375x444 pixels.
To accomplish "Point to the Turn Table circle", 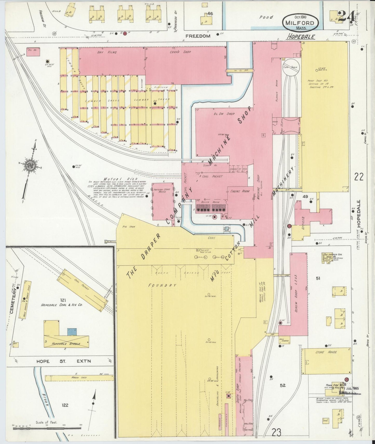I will click(291, 67).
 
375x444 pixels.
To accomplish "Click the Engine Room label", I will click(240, 191).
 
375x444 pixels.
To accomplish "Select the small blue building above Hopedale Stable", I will click(72, 332).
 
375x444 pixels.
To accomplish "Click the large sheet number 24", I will click(346, 17).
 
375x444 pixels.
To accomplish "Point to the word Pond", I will click(266, 17).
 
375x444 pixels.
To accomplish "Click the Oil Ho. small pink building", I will click(33, 51).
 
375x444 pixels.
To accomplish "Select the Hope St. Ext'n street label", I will click(64, 361).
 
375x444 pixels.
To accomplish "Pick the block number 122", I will click(65, 405).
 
